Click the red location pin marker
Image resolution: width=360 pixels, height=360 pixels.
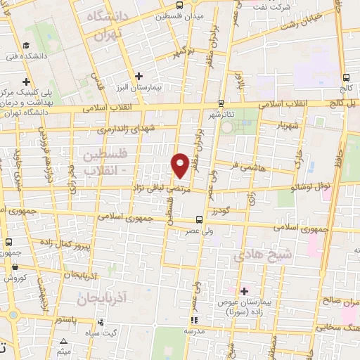coord(180,165)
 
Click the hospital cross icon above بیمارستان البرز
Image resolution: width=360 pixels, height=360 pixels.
coord(139,76)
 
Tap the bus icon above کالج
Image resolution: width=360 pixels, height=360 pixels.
coord(345,78)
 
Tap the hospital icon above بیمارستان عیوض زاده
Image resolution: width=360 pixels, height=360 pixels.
coord(245,290)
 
